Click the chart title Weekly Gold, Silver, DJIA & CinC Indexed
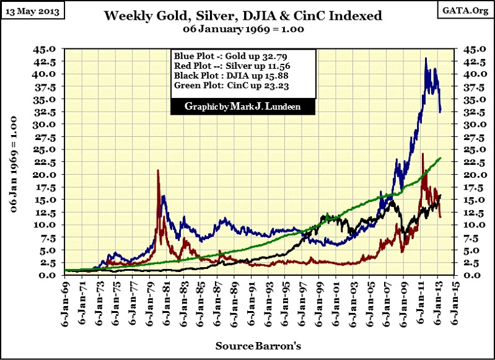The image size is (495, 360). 242,15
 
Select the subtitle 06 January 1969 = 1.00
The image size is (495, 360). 244,29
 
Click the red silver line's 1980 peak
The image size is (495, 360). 158,170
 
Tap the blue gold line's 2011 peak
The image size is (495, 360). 426,58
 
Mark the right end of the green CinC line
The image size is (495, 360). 440,158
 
